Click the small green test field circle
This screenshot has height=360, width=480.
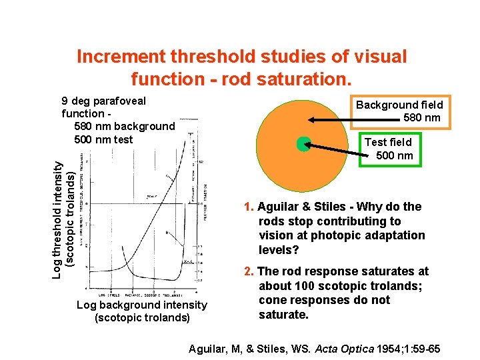pos(304,144)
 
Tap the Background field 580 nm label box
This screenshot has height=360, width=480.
pos(399,111)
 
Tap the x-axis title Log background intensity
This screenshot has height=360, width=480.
pos(142,305)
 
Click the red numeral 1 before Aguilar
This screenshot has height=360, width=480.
pos(247,207)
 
